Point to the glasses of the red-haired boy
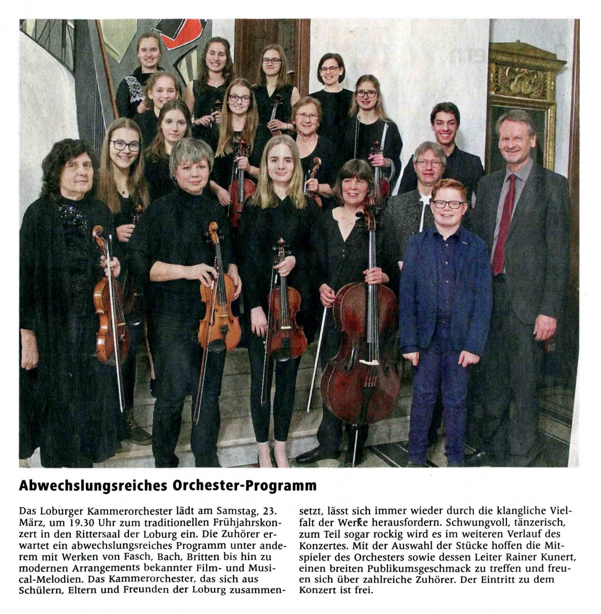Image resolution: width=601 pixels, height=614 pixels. [448, 204]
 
